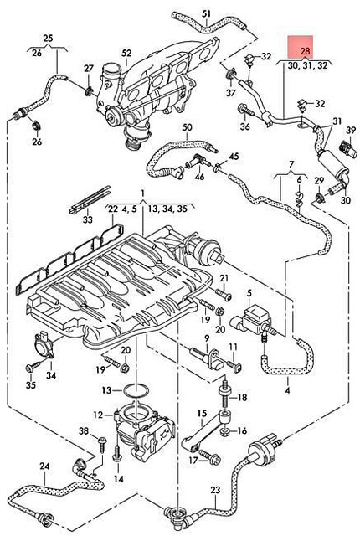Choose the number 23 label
click(x=215, y=490)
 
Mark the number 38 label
click(x=83, y=430)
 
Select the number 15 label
click(x=201, y=413)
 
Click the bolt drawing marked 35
click(x=32, y=367)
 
